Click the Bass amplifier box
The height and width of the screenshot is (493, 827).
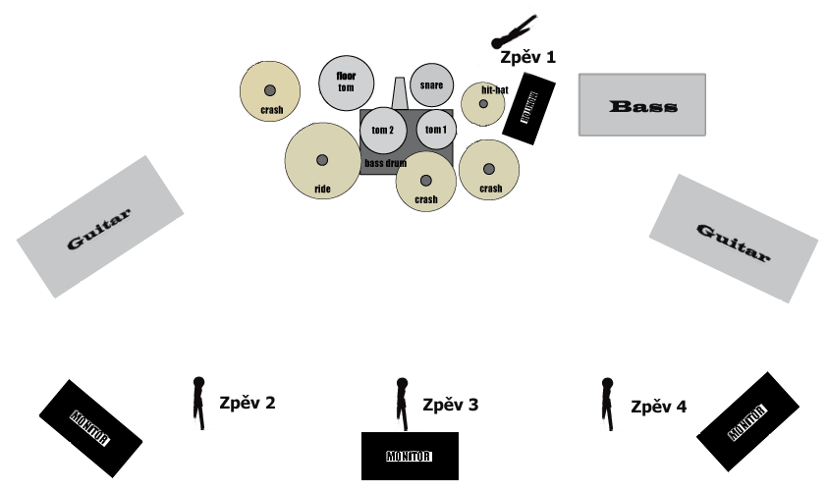pyautogui.click(x=641, y=105)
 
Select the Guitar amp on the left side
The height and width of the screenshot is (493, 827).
pyautogui.click(x=100, y=226)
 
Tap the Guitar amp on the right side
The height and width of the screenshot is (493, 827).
pyautogui.click(x=733, y=239)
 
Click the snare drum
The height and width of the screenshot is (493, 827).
pyautogui.click(x=431, y=84)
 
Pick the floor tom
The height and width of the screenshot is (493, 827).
pyautogui.click(x=346, y=82)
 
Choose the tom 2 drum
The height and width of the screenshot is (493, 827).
pyautogui.click(x=383, y=130)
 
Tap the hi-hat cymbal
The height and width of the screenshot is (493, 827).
pyautogui.click(x=483, y=103)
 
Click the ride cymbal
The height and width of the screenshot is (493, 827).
pyautogui.click(x=322, y=160)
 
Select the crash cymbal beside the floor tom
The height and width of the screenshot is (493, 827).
pyautogui.click(x=270, y=91)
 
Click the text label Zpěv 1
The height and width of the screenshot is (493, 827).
pyautogui.click(x=527, y=57)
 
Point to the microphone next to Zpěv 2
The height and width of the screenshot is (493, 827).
pyautogui.click(x=199, y=402)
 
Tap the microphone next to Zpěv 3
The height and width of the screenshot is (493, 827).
pyautogui.click(x=402, y=403)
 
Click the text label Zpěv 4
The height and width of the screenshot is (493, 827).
pyautogui.click(x=658, y=406)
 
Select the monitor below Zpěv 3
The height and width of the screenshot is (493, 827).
pyautogui.click(x=410, y=456)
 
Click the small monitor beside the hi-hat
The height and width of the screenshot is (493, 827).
pyautogui.click(x=529, y=108)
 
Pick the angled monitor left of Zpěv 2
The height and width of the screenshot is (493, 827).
pyautogui.click(x=90, y=427)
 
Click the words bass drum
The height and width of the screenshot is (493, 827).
pyautogui.click(x=386, y=163)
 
